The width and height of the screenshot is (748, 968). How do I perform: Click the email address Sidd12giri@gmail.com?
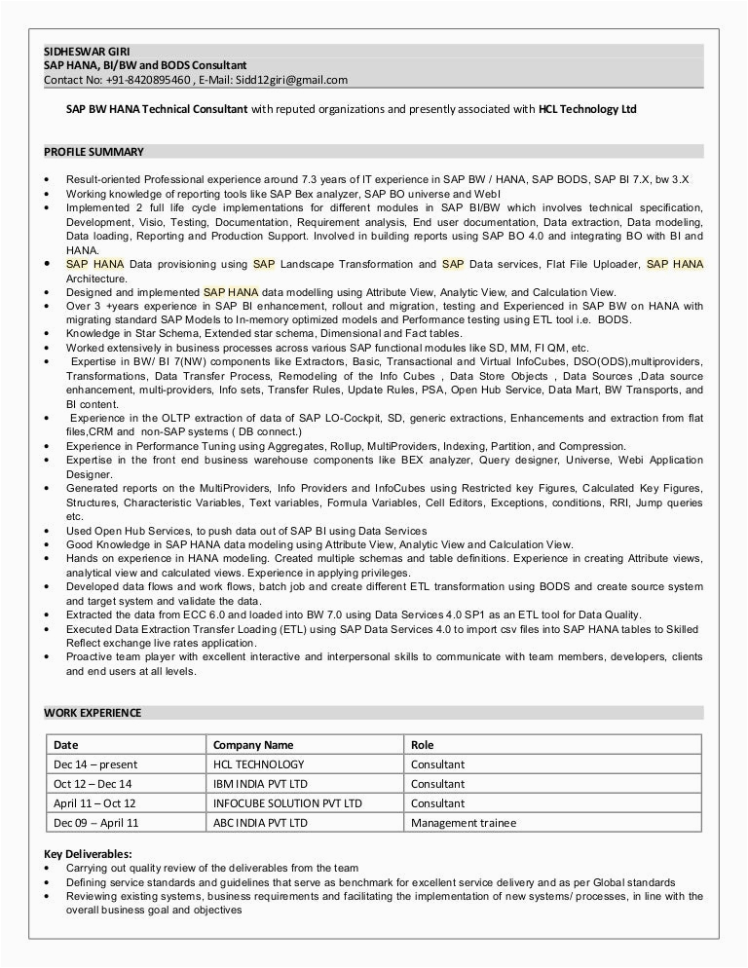point(291,80)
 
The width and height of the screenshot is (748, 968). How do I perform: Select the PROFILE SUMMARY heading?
point(93,152)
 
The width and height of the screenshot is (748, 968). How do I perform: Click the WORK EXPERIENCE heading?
point(93,713)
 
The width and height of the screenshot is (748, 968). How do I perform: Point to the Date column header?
point(66,745)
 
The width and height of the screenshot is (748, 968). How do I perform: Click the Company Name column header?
point(252,745)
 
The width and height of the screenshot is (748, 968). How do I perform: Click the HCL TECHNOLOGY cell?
point(258,764)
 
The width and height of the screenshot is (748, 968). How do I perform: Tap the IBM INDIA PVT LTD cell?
point(260,784)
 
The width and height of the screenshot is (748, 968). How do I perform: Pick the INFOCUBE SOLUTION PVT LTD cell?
point(287,803)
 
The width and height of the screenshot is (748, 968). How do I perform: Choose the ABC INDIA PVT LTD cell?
point(260,823)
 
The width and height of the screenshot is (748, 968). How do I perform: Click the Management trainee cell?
point(463,823)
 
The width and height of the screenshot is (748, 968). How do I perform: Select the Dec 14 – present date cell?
point(95,764)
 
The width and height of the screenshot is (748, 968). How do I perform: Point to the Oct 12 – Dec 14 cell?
point(93,784)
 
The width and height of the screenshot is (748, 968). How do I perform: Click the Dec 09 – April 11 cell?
point(96,823)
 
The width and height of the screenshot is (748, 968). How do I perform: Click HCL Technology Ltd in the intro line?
point(587,109)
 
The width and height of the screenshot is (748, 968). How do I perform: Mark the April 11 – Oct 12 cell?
point(94,803)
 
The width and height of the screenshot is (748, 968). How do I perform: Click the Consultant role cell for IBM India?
point(437,784)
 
